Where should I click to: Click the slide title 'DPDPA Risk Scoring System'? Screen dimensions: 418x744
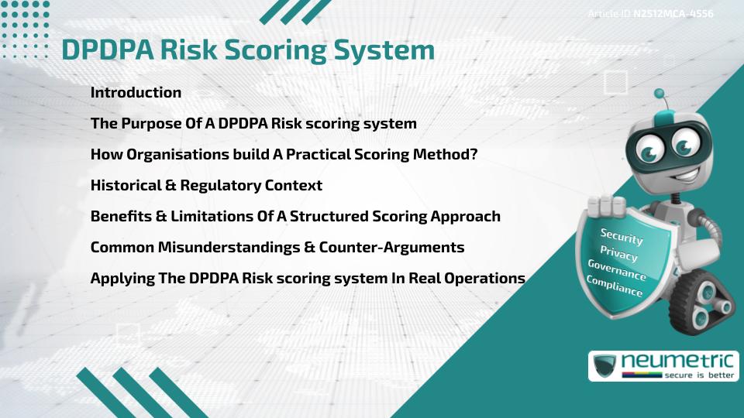click(x=247, y=50)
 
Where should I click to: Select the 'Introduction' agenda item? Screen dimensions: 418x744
click(x=136, y=93)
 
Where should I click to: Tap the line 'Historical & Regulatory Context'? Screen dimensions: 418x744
click(x=206, y=186)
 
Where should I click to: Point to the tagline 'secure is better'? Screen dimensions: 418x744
click(x=697, y=375)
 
